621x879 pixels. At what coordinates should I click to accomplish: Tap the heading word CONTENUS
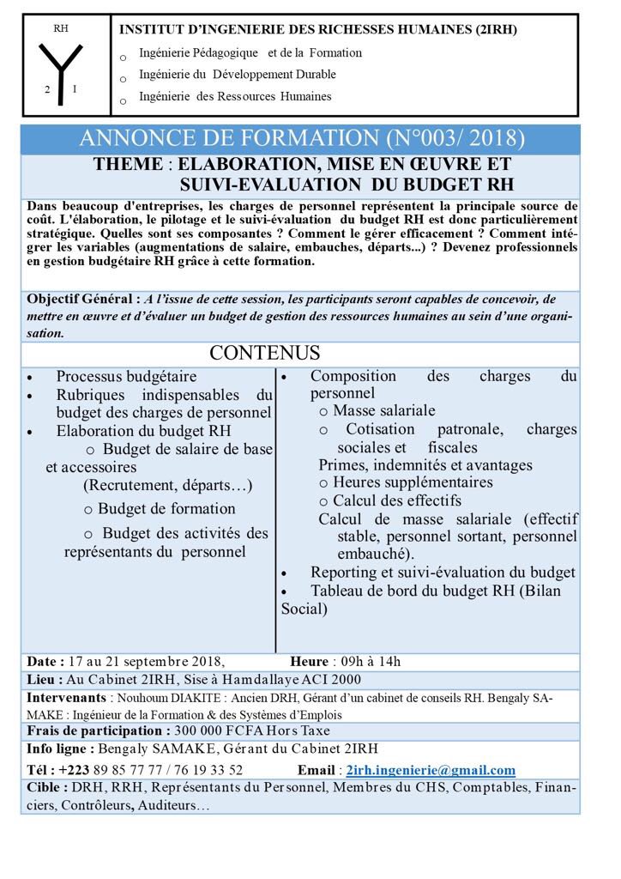click(x=265, y=354)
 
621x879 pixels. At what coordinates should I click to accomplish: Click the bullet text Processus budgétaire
click(x=126, y=377)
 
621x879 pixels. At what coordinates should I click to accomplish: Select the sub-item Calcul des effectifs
click(x=397, y=500)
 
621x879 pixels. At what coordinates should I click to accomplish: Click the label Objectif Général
click(x=82, y=300)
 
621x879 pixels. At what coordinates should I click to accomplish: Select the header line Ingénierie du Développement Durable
click(x=237, y=75)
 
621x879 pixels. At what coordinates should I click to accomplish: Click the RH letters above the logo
click(x=60, y=28)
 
